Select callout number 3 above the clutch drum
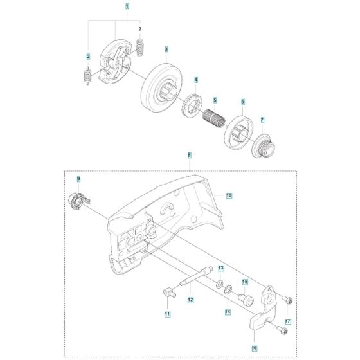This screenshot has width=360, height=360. coord(166,50)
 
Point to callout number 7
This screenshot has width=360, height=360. coord(262,120)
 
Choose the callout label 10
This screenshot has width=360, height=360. coord(230,195)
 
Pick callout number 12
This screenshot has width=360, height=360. coord(190,300)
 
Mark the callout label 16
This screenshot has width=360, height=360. coord(254,348)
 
